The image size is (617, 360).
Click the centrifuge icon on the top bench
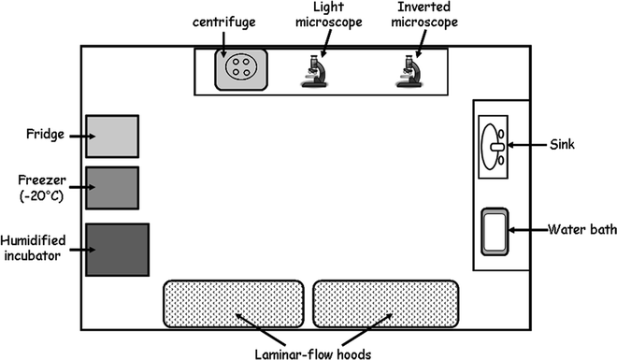tap(240, 68)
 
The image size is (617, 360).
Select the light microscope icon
tap(318, 71)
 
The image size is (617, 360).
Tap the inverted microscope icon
tap(409, 71)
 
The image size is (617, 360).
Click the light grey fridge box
tap(112, 137)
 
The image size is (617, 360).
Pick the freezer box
tap(112, 188)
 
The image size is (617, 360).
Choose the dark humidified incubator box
tap(117, 249)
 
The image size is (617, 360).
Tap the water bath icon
tap(497, 231)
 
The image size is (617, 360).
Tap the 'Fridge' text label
tap(45, 136)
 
